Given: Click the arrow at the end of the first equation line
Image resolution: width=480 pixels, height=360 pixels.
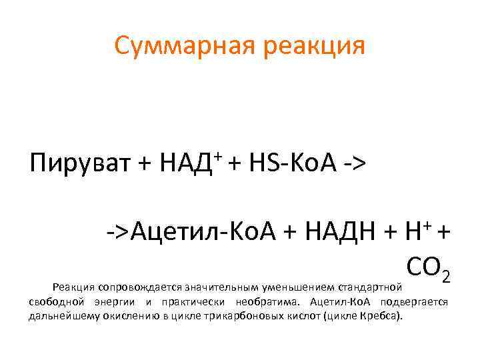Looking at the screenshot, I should pyautogui.click(x=355, y=163).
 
